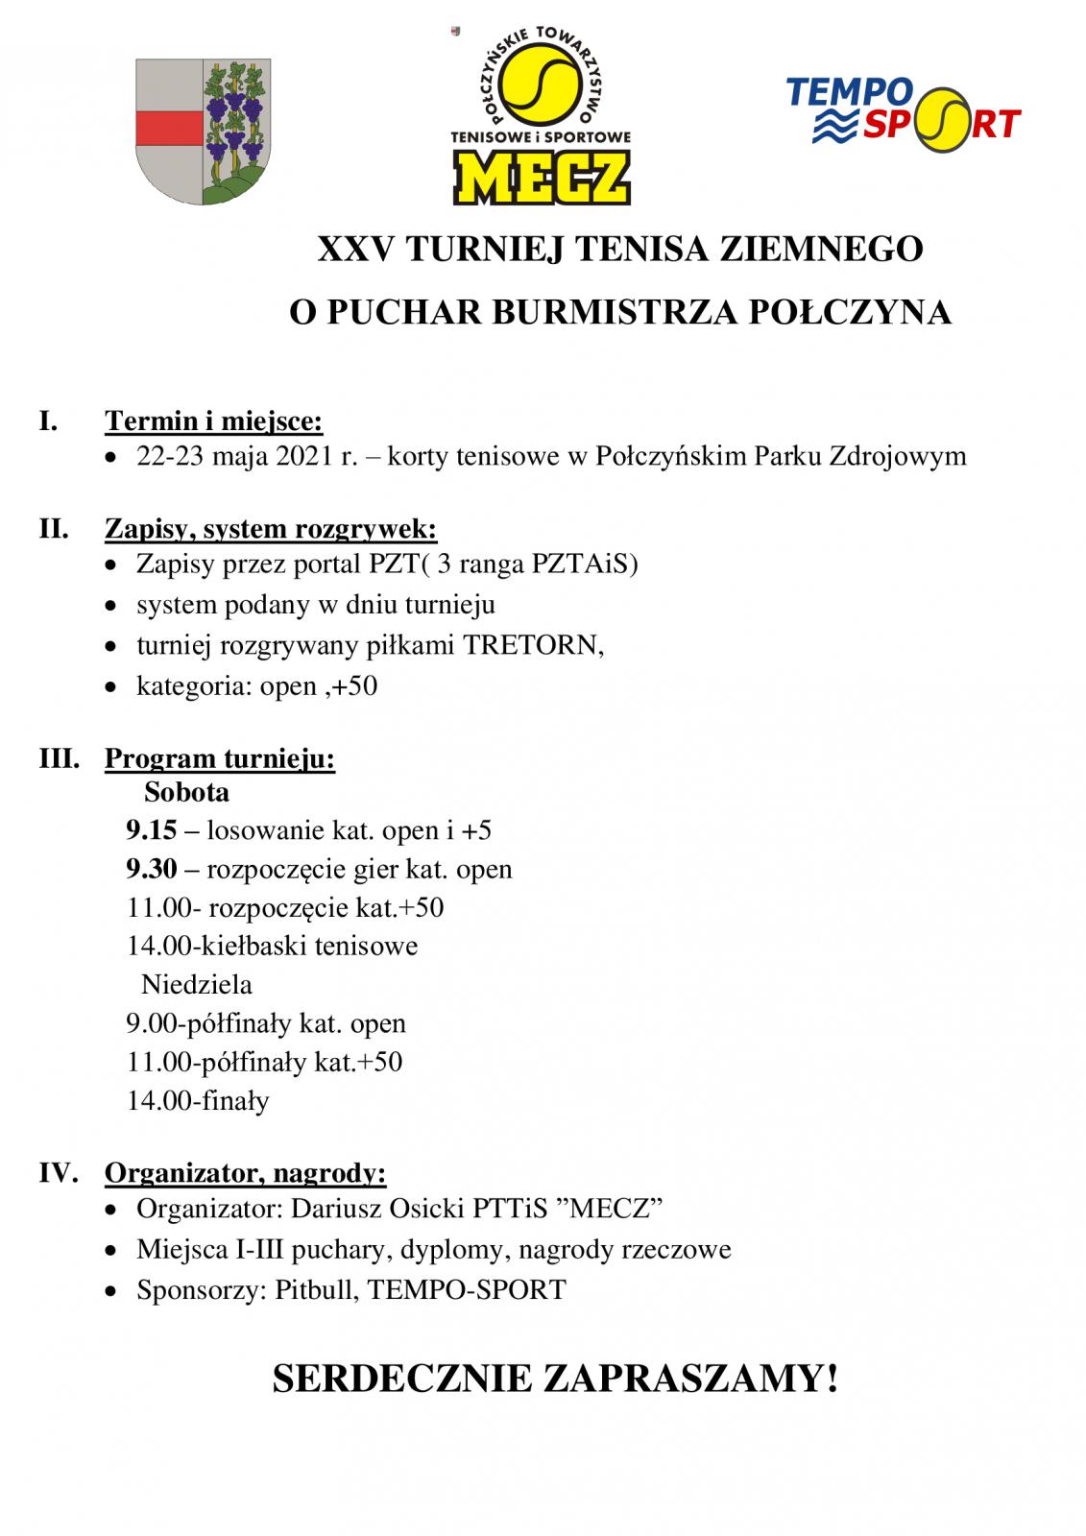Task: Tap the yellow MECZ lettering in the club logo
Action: [x=542, y=179]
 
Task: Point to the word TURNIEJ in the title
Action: [x=485, y=250]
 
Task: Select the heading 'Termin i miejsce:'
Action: [x=213, y=421]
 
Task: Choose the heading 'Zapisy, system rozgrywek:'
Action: [x=271, y=529]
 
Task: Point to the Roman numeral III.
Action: [x=59, y=758]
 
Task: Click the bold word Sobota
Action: [x=186, y=793]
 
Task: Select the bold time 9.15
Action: [x=152, y=830]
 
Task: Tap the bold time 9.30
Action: [x=152, y=870]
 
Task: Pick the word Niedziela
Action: [x=197, y=985]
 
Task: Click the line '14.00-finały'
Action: [x=198, y=1101]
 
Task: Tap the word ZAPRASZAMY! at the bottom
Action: [x=690, y=1380]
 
